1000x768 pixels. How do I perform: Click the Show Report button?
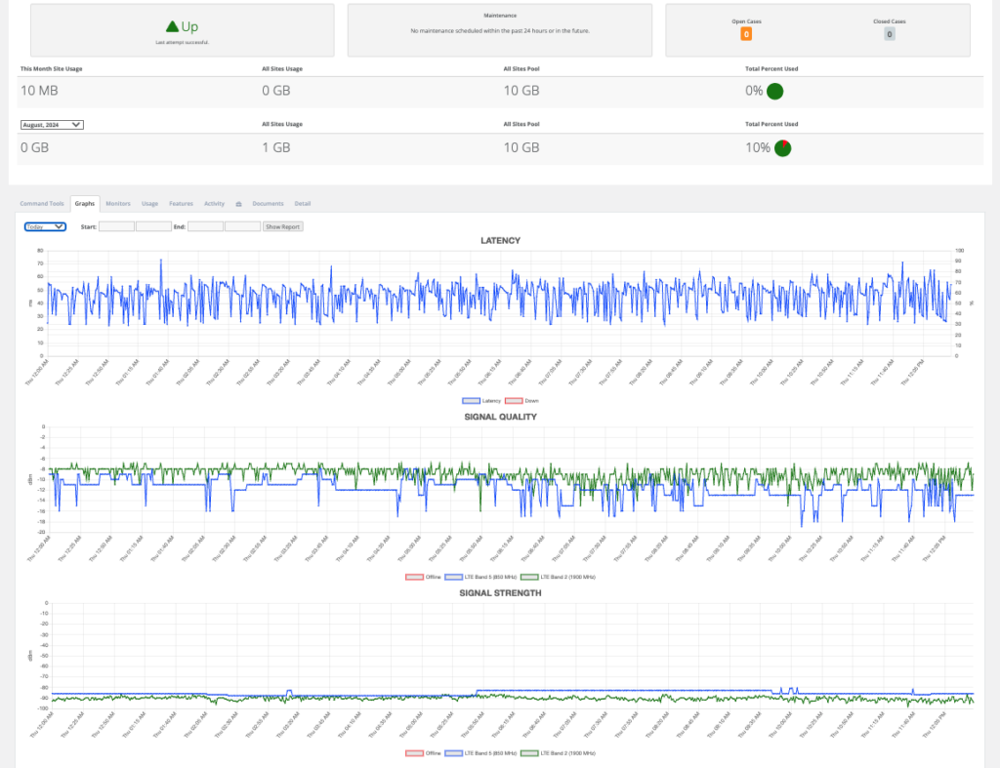282,226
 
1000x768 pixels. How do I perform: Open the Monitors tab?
118,204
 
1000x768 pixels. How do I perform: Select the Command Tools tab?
42,204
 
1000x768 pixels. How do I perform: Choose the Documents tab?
268,204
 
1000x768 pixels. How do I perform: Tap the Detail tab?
303,204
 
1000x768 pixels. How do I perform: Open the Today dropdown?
45,226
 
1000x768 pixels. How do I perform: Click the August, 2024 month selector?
52,125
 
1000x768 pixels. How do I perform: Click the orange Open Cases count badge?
746,34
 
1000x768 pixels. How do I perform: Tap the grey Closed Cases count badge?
889,34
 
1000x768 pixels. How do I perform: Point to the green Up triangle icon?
172,26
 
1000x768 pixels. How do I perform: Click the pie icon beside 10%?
782,148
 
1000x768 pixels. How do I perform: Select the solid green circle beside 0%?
775,92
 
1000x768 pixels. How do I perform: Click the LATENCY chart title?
500,241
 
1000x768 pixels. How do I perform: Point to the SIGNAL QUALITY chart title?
500,417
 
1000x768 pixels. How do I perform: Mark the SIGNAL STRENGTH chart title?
500,592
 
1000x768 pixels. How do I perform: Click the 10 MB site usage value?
42,91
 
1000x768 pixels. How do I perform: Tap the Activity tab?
214,204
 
